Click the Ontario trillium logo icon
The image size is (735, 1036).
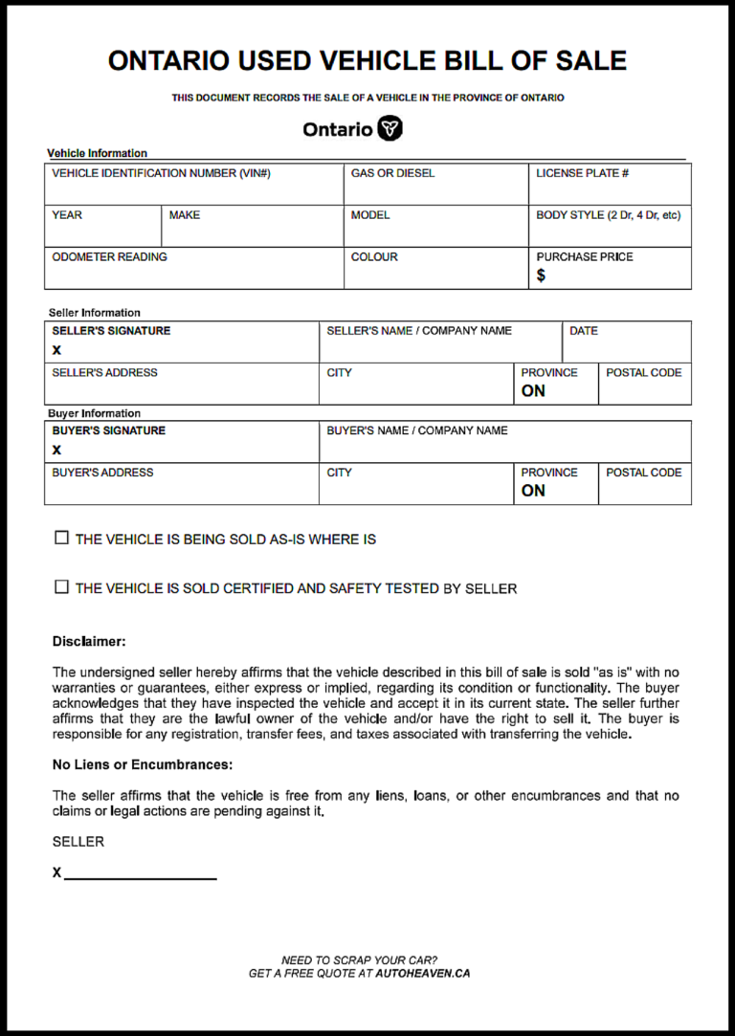click(x=390, y=129)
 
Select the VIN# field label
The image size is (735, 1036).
click(x=161, y=173)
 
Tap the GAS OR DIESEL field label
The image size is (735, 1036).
click(x=392, y=173)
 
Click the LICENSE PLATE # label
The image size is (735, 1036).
click(x=582, y=173)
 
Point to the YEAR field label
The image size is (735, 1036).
click(x=67, y=215)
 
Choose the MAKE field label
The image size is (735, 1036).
click(x=185, y=215)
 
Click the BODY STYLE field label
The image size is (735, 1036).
click(x=608, y=215)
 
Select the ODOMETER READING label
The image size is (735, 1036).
click(x=109, y=257)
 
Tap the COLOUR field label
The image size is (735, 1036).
click(x=374, y=257)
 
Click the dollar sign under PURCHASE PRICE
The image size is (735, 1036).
click(x=541, y=276)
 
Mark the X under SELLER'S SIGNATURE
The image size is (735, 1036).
click(x=56, y=350)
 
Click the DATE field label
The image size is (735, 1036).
click(x=583, y=331)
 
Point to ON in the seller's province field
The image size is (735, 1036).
click(x=533, y=391)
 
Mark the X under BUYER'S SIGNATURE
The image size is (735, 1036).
click(x=56, y=450)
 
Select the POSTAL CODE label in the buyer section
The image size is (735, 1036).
click(x=643, y=473)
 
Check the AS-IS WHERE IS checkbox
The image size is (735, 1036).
click(x=62, y=539)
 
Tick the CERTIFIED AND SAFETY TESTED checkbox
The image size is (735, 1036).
click(x=62, y=587)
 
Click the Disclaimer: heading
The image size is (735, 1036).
click(x=89, y=641)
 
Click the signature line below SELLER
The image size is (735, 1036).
click(x=140, y=876)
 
